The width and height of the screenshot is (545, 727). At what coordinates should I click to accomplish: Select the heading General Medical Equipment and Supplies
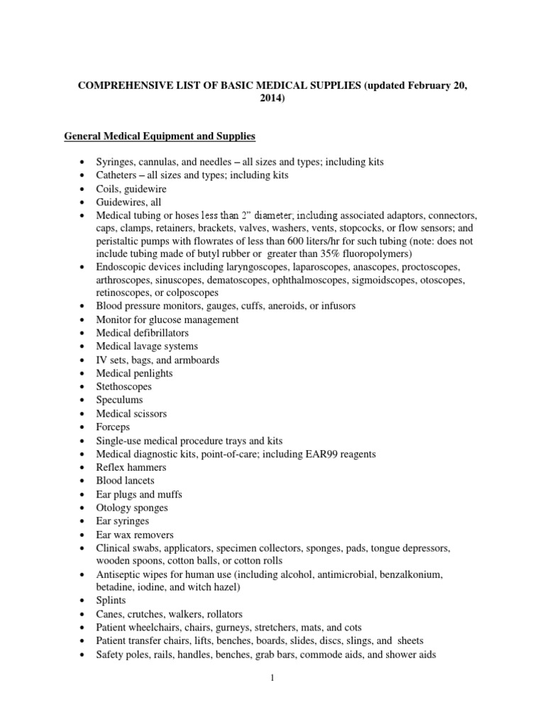click(x=160, y=135)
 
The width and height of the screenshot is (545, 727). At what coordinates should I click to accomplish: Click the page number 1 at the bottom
click(x=272, y=678)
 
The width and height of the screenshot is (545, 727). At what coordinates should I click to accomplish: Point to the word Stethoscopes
click(x=124, y=387)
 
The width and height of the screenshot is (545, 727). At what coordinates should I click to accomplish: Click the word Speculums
click(x=120, y=400)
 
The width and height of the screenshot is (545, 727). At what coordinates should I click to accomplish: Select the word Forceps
click(x=114, y=427)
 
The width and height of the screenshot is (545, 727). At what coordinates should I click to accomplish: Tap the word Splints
click(x=111, y=601)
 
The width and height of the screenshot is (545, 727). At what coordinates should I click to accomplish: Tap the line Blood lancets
click(x=126, y=481)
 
